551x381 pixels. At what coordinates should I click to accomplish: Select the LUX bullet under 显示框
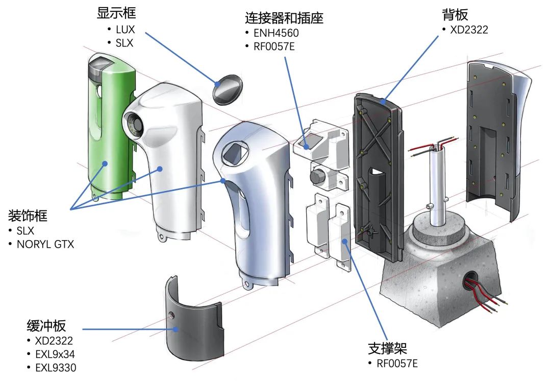click(x=125, y=30)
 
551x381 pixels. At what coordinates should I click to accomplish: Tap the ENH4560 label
click(x=276, y=34)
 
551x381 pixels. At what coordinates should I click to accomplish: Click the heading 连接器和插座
click(x=284, y=18)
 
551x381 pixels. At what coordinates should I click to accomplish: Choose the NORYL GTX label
click(x=45, y=244)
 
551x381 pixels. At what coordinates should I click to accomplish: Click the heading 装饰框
click(x=28, y=216)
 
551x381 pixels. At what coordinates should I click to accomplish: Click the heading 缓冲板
click(x=46, y=326)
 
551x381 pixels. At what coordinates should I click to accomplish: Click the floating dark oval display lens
click(x=228, y=89)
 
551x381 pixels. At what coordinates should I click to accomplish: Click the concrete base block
click(x=439, y=286)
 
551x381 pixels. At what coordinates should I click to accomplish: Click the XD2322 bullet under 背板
click(x=468, y=30)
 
